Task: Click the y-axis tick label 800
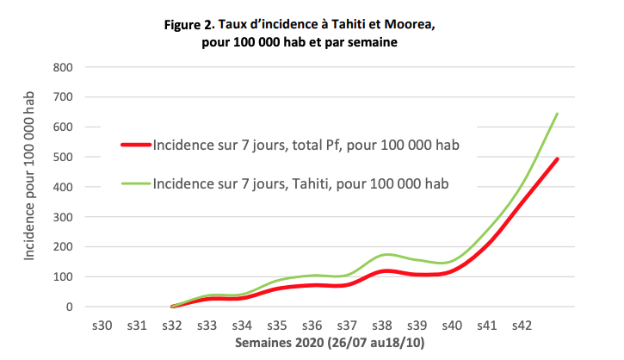coord(62,67)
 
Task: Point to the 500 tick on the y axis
coord(62,157)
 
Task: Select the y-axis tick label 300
coord(62,217)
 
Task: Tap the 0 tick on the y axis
coord(69,307)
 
